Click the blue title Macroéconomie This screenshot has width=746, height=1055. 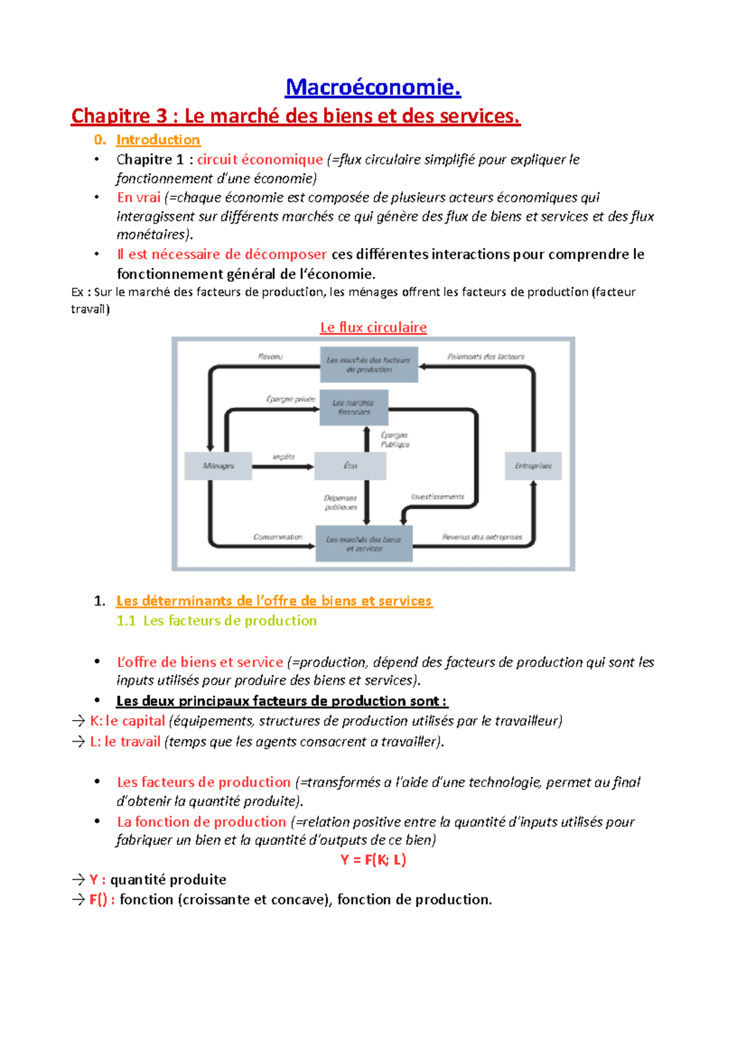373,88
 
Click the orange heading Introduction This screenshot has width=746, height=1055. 158,140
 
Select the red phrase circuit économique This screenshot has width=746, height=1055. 260,160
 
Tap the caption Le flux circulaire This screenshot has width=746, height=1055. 373,327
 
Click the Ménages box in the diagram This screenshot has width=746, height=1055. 218,466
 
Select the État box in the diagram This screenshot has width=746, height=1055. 350,466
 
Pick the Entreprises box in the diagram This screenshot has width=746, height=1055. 533,466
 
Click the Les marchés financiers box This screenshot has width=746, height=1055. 354,408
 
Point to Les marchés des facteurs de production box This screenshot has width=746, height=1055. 369,365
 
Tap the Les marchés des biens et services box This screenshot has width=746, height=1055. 364,544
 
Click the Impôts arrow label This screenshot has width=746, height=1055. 283,457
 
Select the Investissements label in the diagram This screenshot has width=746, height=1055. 438,497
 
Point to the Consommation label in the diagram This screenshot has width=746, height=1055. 278,537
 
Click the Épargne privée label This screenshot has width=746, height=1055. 290,399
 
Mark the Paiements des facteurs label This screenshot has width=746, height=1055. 486,357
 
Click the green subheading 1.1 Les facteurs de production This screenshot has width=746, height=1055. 216,621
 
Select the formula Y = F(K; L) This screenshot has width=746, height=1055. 373,860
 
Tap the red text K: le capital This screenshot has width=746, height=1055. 127,721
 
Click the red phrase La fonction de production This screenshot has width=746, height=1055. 201,822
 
